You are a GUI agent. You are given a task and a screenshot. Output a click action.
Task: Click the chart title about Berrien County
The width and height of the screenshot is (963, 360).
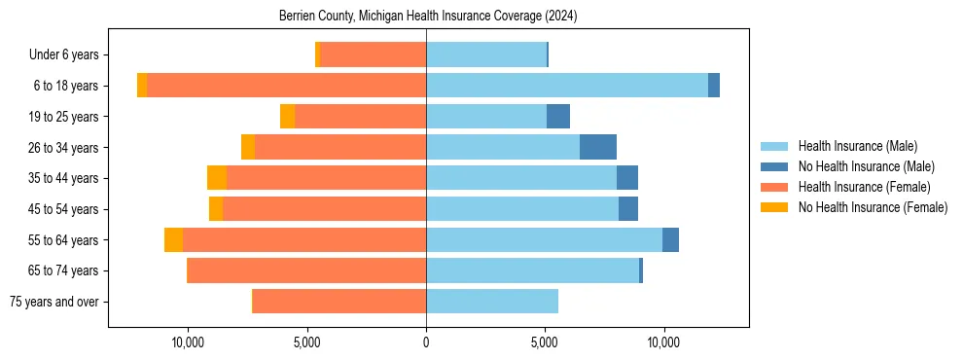(428, 16)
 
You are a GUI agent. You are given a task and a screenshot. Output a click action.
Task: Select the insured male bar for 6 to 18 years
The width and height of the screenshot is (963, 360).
(567, 86)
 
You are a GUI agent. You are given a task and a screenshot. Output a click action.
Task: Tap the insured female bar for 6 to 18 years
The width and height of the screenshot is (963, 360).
(286, 86)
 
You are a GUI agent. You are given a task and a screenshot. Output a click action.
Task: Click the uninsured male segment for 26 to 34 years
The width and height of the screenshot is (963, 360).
(598, 147)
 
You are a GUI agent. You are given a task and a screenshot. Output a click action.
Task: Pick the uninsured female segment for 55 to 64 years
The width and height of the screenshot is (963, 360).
(173, 239)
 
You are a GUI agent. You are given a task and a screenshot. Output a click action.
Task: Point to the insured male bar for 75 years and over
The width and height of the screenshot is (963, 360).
(492, 302)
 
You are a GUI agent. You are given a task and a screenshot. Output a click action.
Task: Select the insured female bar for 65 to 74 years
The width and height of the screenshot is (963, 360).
(306, 270)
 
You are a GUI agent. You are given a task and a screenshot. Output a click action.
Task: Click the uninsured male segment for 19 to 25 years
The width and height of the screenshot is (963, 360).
(558, 117)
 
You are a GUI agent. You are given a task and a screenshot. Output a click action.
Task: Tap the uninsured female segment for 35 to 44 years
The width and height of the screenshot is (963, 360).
(217, 178)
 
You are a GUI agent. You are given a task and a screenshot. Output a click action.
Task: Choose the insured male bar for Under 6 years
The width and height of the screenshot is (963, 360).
(486, 54)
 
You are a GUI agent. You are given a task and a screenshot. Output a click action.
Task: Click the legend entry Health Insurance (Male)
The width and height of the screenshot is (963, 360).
(857, 146)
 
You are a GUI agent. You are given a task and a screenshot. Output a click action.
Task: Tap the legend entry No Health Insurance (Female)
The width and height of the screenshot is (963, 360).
(873, 207)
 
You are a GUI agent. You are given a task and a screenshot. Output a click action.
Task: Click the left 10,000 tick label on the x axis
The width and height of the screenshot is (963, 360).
(187, 342)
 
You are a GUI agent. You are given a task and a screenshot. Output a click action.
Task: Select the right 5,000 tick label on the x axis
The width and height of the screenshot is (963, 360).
(545, 342)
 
